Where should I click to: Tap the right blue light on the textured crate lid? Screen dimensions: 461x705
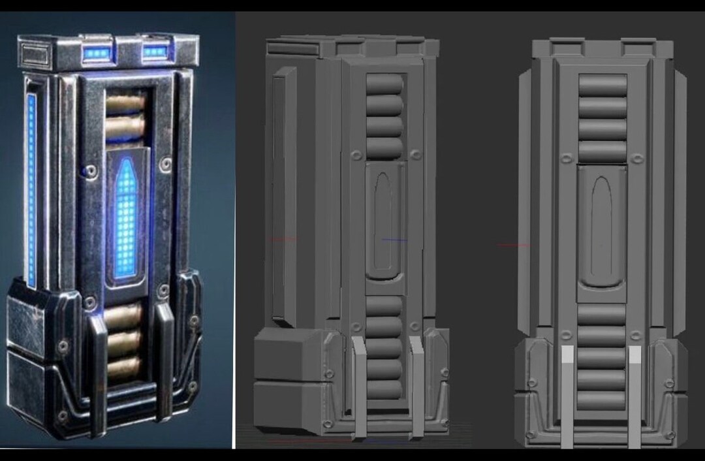[x=155, y=52]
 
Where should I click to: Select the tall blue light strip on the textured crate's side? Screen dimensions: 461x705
[x=31, y=189]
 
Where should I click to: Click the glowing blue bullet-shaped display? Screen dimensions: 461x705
[x=126, y=218]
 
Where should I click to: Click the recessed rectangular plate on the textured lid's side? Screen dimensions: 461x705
[x=34, y=54]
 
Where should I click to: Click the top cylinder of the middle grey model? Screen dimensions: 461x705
[x=384, y=84]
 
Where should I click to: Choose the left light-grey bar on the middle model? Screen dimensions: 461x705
[x=360, y=389]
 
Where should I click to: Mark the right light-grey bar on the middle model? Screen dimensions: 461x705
[x=416, y=389]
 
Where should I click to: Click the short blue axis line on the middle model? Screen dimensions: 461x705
[x=394, y=240]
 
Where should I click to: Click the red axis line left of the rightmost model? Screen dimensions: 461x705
[x=512, y=246]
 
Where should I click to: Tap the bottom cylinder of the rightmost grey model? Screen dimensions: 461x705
[x=602, y=400]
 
